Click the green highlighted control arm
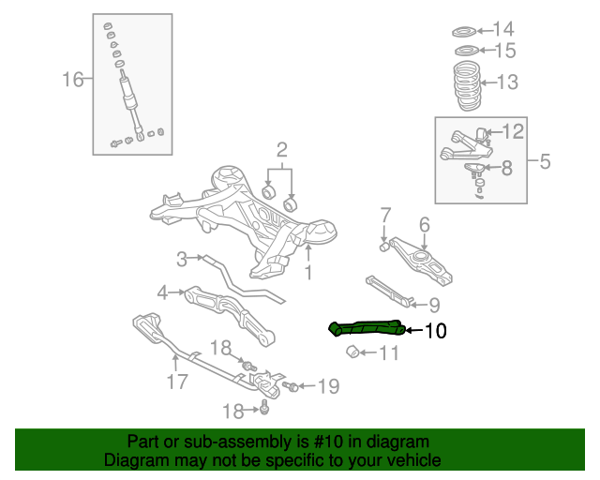point(367,329)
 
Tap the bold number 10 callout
point(435,331)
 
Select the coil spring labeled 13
point(467,85)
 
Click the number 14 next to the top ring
point(503,29)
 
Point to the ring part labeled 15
point(467,50)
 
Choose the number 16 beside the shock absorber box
point(73,80)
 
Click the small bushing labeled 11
point(352,352)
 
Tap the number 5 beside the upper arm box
point(545,161)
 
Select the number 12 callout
point(513,131)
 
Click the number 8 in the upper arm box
point(507,168)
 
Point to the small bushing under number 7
point(384,247)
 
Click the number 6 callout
point(425,225)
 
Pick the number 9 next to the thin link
point(434,305)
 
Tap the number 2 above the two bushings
point(281,150)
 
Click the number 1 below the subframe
point(308,273)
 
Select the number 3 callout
point(182,259)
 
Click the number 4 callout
point(162,292)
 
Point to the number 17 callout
point(177,382)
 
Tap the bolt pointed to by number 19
point(291,386)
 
